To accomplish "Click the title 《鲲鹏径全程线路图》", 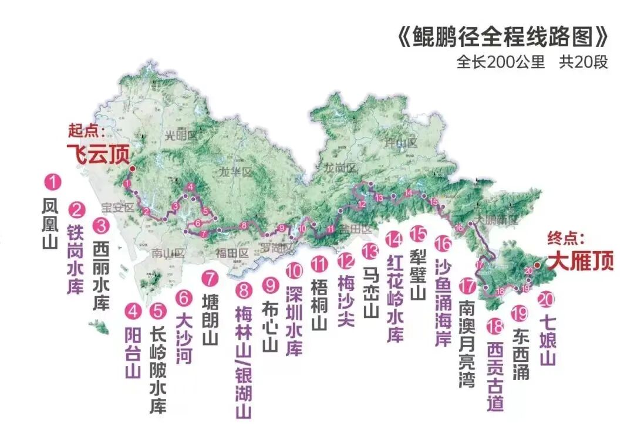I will [502, 37].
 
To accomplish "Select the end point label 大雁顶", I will [581, 260].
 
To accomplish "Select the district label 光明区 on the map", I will [179, 136].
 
